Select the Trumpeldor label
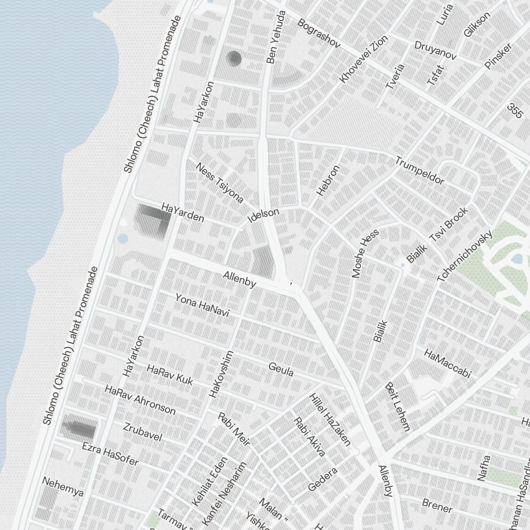click(420, 171)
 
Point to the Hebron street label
click(328, 181)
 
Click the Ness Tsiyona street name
click(219, 183)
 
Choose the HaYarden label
click(182, 211)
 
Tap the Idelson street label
click(263, 215)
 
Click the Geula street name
click(281, 369)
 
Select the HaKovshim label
click(222, 374)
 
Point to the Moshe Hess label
click(366, 253)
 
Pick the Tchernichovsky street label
click(465, 256)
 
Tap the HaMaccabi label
click(447, 363)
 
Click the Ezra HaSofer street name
click(110, 454)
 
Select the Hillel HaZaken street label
click(330, 419)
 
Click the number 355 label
click(515, 111)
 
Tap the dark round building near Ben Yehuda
click(234, 58)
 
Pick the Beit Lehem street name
click(397, 407)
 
